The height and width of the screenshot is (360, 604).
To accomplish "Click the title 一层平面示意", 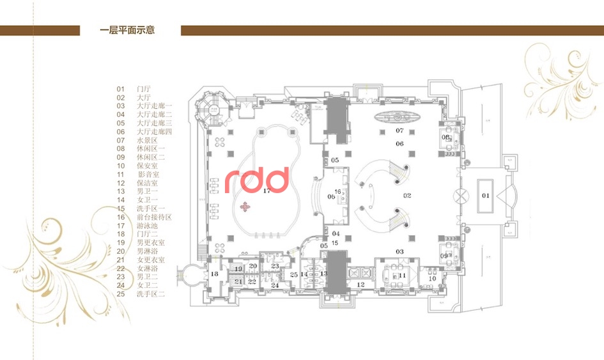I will click(128, 30).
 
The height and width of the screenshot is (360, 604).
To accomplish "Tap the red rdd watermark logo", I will click(257, 180).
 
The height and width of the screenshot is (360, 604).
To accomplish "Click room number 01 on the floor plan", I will click(485, 195).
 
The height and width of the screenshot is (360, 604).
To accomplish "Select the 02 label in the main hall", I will click(407, 195).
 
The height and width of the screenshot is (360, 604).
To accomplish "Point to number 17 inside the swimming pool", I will click(267, 191).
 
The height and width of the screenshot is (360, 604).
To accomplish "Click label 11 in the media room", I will click(402, 275).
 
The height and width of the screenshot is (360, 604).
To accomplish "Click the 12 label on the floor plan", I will click(360, 285).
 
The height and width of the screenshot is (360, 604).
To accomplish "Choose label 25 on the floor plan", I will click(294, 275).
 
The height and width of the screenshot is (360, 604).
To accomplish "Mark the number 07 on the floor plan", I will click(400, 130).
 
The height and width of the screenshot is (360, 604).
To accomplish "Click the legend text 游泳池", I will click(146, 226).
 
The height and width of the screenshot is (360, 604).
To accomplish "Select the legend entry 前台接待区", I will click(154, 217).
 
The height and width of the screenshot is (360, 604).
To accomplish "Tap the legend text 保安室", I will click(146, 166).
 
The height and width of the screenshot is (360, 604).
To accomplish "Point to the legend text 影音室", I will click(149, 175).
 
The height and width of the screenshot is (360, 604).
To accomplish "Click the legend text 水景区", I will click(146, 140).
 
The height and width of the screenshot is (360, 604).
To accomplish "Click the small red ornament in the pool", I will click(245, 207).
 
